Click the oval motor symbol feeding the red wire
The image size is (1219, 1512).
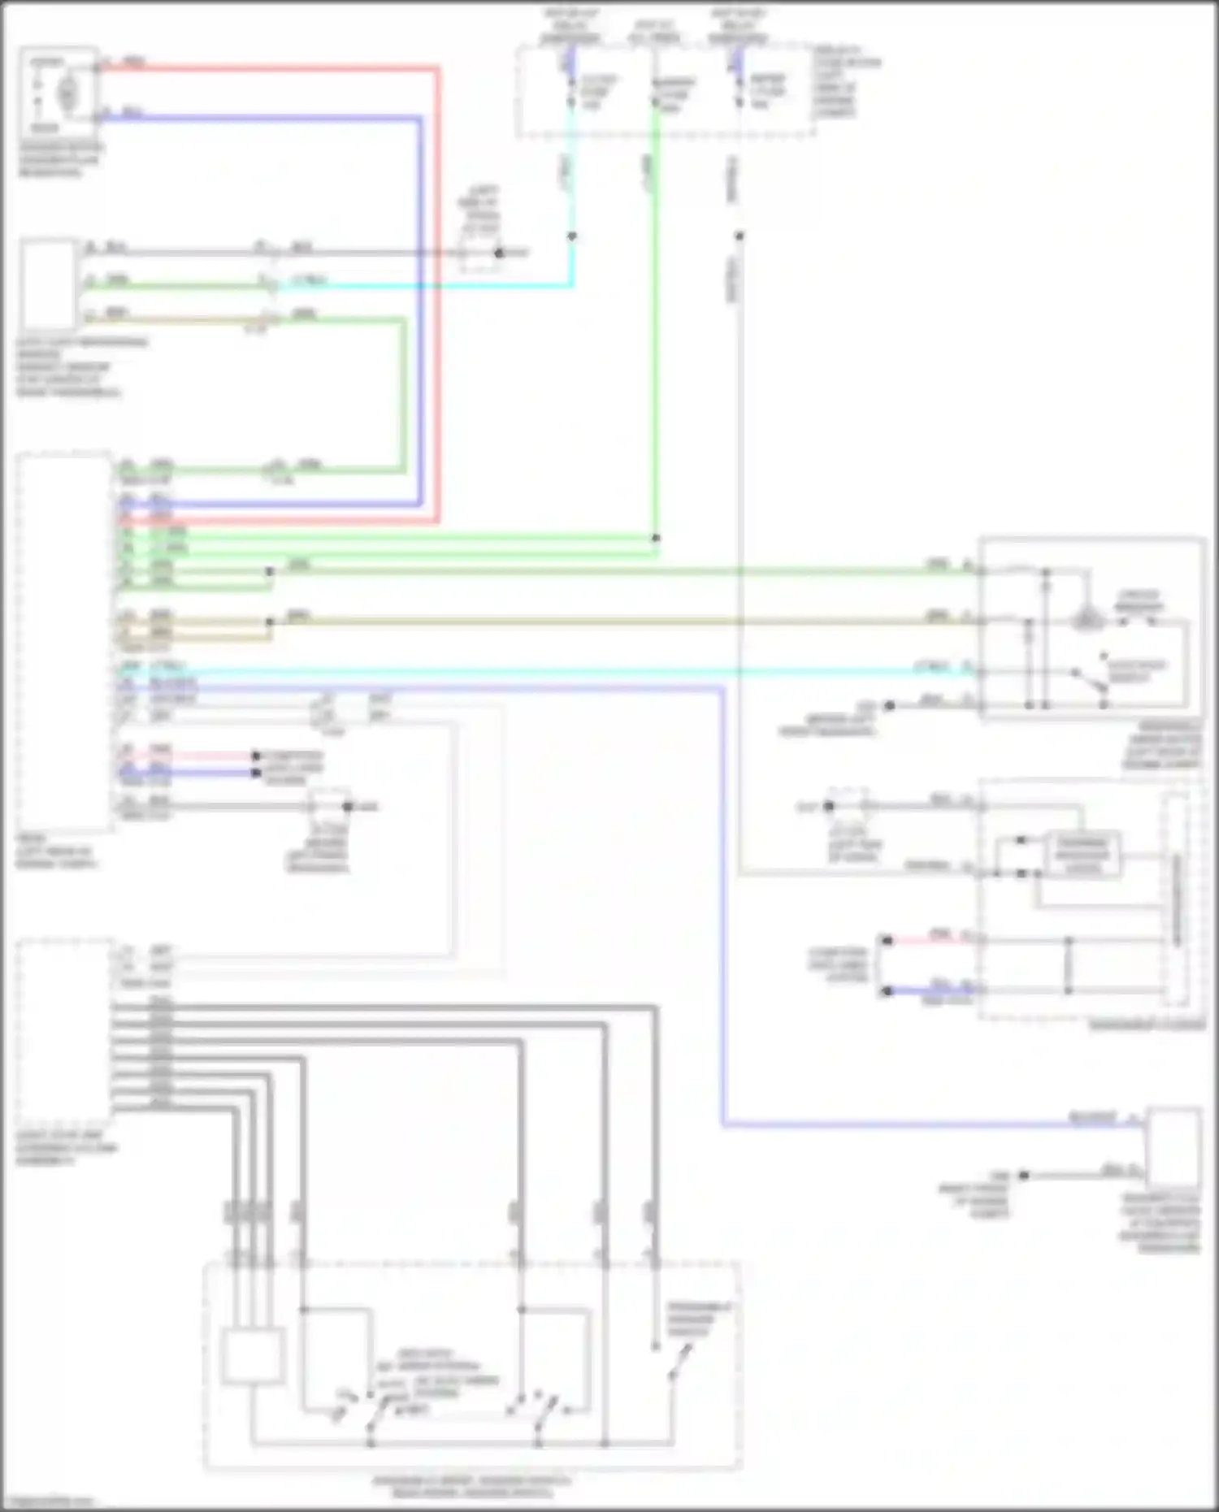pos(67,92)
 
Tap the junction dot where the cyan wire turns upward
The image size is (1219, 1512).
pos(572,236)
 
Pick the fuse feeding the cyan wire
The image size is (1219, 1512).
pos(571,91)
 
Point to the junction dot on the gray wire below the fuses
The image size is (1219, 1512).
pos(740,236)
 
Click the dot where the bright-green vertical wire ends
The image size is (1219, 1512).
pos(656,538)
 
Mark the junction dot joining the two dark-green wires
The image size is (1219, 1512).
pos(270,571)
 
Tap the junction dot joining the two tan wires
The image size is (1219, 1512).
pos(270,622)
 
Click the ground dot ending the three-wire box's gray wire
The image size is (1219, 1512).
pos(499,253)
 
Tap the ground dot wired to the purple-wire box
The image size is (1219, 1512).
pos(1024,1175)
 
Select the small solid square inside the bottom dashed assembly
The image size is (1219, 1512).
pos(253,1354)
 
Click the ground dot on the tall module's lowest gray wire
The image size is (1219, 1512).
pos(348,806)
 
